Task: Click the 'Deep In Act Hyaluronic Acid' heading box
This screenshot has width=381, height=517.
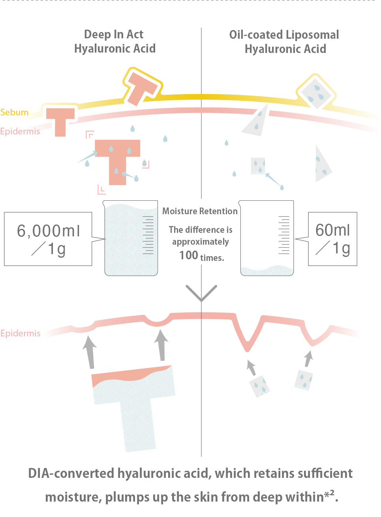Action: [x=113, y=40]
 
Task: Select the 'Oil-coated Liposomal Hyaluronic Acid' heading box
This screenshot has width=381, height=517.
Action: [x=290, y=42]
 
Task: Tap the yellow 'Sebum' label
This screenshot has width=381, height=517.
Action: [x=14, y=112]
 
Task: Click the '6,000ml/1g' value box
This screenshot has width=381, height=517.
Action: [x=48, y=239]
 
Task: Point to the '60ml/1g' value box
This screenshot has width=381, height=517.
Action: [x=332, y=239]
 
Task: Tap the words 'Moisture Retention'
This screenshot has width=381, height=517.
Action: [x=200, y=211]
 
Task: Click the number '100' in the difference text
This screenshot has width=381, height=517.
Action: [x=188, y=255]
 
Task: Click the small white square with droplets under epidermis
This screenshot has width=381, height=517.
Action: [x=257, y=166]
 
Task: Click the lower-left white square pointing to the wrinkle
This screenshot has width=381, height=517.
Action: [x=259, y=386]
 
